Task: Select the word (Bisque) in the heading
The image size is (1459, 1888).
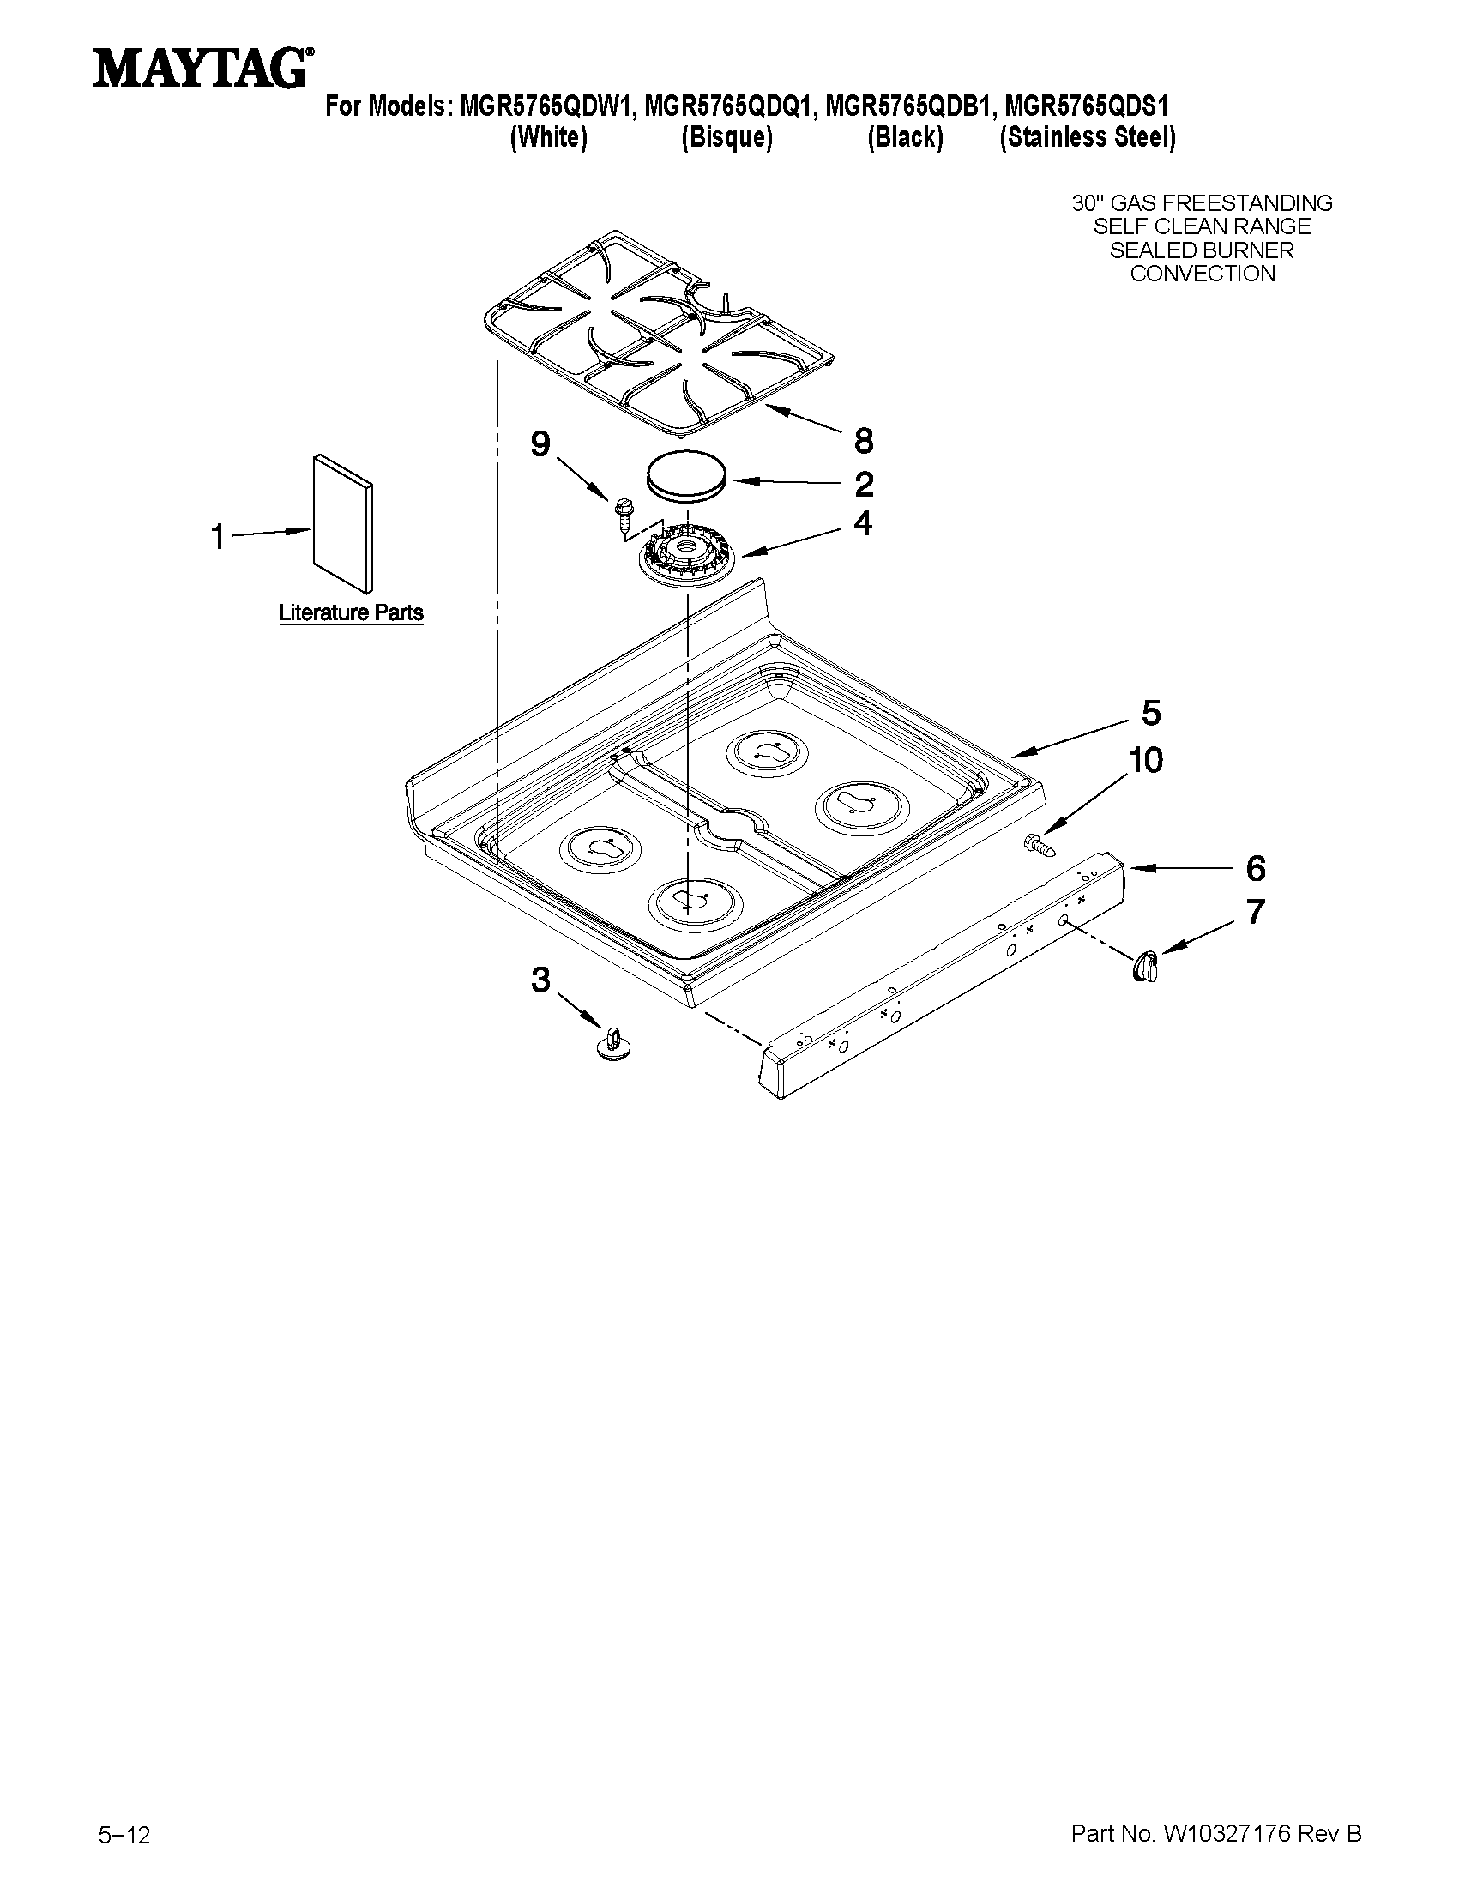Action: (726, 137)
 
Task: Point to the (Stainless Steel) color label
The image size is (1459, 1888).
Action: (1088, 137)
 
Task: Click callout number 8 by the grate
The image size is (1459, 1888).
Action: (863, 441)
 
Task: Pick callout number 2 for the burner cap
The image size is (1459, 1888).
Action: (864, 484)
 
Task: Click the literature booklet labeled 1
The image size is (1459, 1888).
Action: (344, 524)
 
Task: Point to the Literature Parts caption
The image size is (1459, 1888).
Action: (351, 613)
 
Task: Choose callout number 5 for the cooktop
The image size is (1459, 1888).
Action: (1150, 713)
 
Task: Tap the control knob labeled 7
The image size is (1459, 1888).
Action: (1145, 964)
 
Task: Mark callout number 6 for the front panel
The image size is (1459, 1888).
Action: (1255, 868)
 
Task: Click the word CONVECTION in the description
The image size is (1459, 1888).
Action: (1203, 274)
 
